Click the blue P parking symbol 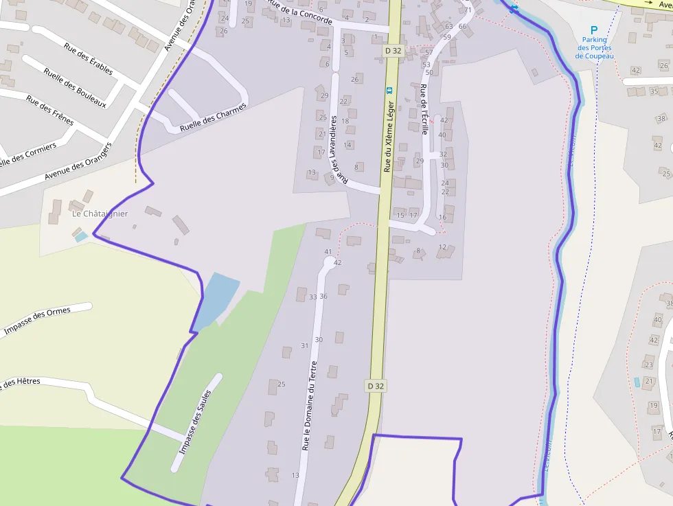[595, 30]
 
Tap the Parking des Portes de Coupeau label [595, 48]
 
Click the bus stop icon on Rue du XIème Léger [389, 90]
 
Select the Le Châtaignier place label [100, 214]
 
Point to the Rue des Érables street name [89, 59]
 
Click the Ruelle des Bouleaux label [75, 87]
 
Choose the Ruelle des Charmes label [212, 117]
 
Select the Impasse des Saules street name [195, 422]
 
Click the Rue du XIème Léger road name [389, 137]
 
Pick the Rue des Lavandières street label [334, 148]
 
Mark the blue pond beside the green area [216, 299]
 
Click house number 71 [468, 10]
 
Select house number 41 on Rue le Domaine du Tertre [328, 252]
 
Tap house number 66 [462, 27]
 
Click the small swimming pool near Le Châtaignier [81, 237]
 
